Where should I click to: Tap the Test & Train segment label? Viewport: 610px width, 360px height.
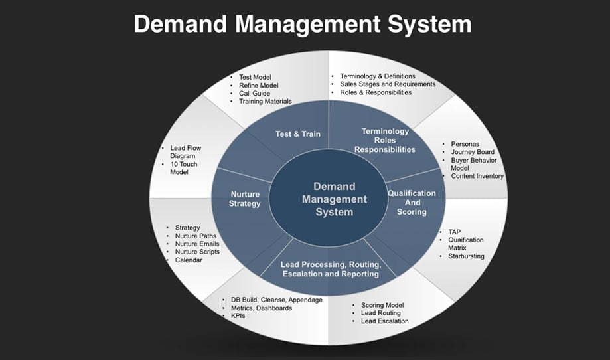(x=298, y=134)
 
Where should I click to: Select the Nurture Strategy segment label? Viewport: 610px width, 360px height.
(x=244, y=199)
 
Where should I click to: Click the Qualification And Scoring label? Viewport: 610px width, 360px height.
(x=412, y=202)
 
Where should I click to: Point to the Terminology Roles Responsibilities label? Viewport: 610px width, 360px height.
(x=385, y=140)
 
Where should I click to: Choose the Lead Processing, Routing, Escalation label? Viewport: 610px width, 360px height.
(x=330, y=269)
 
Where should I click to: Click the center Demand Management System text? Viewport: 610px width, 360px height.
(x=335, y=199)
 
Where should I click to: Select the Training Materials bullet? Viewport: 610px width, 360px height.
(x=266, y=102)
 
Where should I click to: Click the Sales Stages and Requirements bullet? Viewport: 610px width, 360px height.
(x=388, y=84)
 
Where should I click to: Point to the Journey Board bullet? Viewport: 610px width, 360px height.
(x=472, y=152)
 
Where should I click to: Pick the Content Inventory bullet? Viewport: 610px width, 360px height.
(x=477, y=176)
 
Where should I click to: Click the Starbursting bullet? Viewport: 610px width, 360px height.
(x=466, y=256)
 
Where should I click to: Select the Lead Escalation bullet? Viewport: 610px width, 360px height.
(x=384, y=321)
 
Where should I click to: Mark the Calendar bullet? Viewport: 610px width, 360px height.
(x=189, y=260)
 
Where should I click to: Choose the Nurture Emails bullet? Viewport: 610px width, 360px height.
(x=197, y=244)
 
